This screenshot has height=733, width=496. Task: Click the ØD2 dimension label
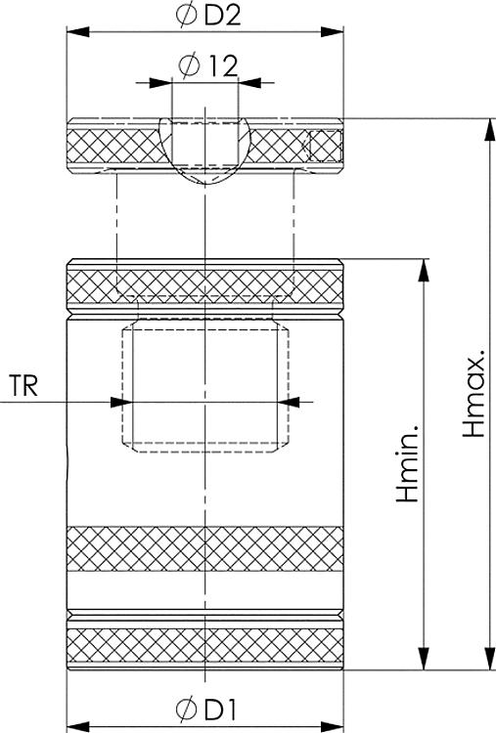tap(208, 15)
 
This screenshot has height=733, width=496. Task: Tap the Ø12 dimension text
tap(208, 65)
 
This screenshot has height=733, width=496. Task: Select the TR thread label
tap(23, 386)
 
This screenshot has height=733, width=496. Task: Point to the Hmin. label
tap(407, 463)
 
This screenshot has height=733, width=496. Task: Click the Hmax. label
tap(473, 398)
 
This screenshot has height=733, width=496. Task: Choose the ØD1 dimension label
tap(206, 710)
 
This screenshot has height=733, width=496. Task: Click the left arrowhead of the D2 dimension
tap(77, 32)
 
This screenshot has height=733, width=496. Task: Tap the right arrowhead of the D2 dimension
tap(333, 32)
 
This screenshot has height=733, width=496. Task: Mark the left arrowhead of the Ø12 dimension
tap(160, 83)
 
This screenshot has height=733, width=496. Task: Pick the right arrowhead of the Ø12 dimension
tap(250, 83)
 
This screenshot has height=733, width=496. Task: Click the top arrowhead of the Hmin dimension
tap(424, 270)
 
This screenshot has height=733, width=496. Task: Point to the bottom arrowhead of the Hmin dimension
tap(424, 658)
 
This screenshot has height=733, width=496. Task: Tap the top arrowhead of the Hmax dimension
tap(490, 129)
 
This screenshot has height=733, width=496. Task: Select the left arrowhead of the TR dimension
tap(121, 402)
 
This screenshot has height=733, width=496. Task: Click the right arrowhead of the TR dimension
tap(289, 402)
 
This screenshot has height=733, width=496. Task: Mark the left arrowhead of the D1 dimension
tap(77, 727)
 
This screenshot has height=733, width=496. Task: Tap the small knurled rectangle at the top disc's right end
tap(325, 147)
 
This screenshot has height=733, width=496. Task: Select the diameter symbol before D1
tap(187, 710)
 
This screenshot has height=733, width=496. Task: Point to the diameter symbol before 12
tap(188, 65)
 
